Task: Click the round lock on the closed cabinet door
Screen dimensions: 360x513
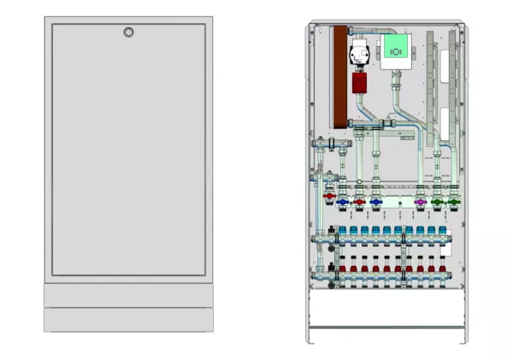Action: (x=128, y=32)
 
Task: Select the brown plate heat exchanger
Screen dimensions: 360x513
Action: (x=339, y=81)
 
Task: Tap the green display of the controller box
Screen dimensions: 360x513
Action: (x=396, y=50)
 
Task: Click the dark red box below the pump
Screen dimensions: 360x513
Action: (x=360, y=83)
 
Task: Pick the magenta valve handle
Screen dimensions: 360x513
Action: (x=420, y=203)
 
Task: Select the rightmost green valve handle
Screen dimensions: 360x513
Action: (x=455, y=203)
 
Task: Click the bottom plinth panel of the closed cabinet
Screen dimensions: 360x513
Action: (x=128, y=320)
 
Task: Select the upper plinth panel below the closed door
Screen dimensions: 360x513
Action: (x=128, y=295)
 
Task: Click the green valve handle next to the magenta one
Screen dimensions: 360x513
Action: (x=439, y=203)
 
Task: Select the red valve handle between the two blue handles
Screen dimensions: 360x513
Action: (x=359, y=203)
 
